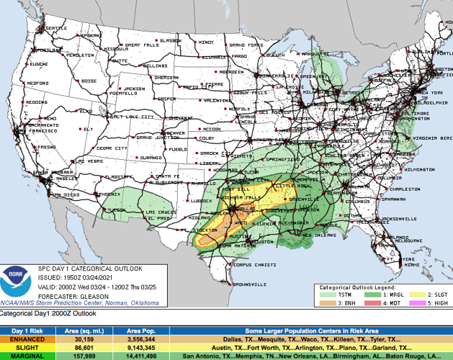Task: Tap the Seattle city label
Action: pyautogui.click(x=55, y=28)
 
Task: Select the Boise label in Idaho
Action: pyautogui.click(x=89, y=81)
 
